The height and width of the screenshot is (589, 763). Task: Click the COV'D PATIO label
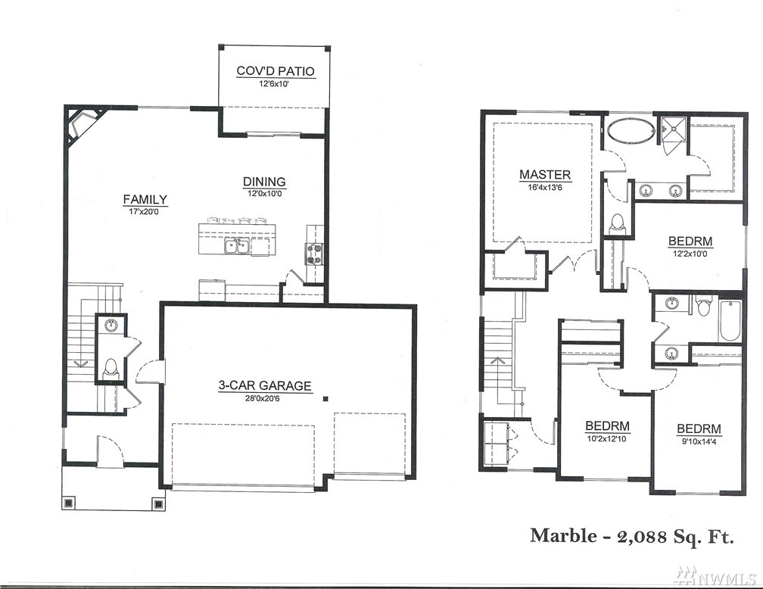(x=276, y=71)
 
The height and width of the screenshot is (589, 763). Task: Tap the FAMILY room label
(x=145, y=200)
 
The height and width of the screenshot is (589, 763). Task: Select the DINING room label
(x=264, y=182)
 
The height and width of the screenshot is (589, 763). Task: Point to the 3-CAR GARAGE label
(x=265, y=386)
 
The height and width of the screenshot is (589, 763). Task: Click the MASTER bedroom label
(x=545, y=175)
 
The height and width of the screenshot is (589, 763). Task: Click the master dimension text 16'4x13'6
(x=545, y=188)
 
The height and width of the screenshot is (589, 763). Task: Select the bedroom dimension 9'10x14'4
(x=699, y=442)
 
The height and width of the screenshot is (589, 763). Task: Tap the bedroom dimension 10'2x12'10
(x=607, y=438)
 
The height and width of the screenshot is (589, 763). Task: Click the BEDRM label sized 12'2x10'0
(x=690, y=242)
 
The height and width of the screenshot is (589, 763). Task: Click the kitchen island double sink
(x=237, y=246)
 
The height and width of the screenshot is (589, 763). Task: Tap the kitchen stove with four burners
(x=314, y=254)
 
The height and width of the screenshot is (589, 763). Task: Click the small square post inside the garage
(x=325, y=399)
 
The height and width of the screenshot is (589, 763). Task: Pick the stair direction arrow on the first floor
(x=81, y=363)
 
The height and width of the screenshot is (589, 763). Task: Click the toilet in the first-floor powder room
(x=111, y=369)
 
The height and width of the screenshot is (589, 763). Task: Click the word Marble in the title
(x=563, y=535)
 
